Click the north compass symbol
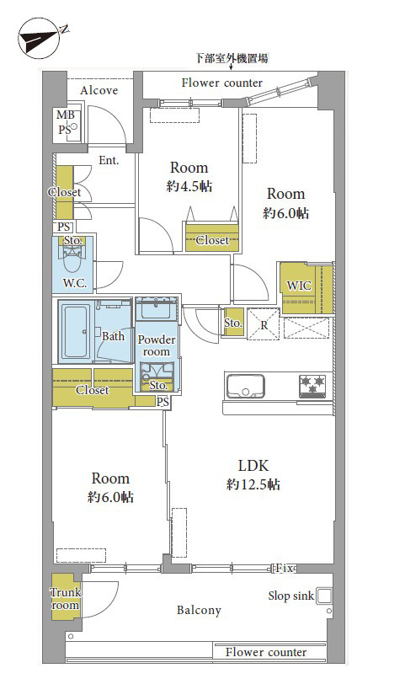pyautogui.click(x=40, y=37)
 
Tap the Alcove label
pyautogui.click(x=99, y=90)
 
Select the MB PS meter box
pyautogui.click(x=67, y=122)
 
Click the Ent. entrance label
pyautogui.click(x=109, y=161)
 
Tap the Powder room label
pyautogui.click(x=157, y=345)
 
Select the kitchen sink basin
pyautogui.click(x=245, y=386)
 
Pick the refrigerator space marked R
pyautogui.click(x=264, y=324)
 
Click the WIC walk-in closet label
pyautogui.click(x=299, y=286)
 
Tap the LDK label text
pyautogui.click(x=253, y=466)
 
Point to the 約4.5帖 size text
pyautogui.click(x=189, y=187)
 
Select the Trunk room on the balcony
pyautogui.click(x=66, y=596)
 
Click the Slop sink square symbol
pyautogui.click(x=323, y=596)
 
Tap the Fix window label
pyautogui.click(x=285, y=569)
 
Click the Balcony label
pyautogui.click(x=199, y=610)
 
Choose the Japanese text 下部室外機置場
pyautogui.click(x=232, y=58)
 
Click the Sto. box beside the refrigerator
pyautogui.click(x=233, y=323)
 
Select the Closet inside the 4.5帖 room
pyautogui.click(x=212, y=238)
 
